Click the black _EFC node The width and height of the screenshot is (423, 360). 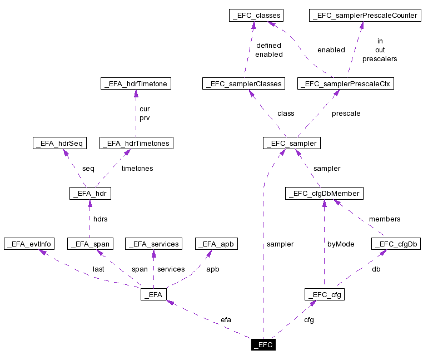[x=263, y=344]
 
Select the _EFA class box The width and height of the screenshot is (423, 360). [x=154, y=294]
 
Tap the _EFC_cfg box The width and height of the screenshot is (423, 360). [x=324, y=294]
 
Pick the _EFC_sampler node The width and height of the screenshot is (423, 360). [x=292, y=143]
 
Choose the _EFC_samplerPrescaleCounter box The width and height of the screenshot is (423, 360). [x=364, y=16]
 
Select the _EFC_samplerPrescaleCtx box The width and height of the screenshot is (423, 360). [x=346, y=83]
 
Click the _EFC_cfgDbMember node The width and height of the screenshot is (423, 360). [x=324, y=193]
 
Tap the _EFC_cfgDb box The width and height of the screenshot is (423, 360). [x=396, y=244]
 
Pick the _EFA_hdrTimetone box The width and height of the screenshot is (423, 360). [x=136, y=83]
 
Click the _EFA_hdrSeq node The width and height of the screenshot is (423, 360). [x=59, y=143]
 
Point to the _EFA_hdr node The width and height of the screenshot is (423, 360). [x=90, y=193]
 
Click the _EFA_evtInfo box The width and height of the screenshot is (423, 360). [x=29, y=244]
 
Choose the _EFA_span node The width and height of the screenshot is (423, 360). [x=90, y=244]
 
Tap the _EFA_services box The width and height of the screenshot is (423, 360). [x=154, y=244]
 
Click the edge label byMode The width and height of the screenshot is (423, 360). [x=341, y=244]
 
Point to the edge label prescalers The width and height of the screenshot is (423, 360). [x=380, y=58]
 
